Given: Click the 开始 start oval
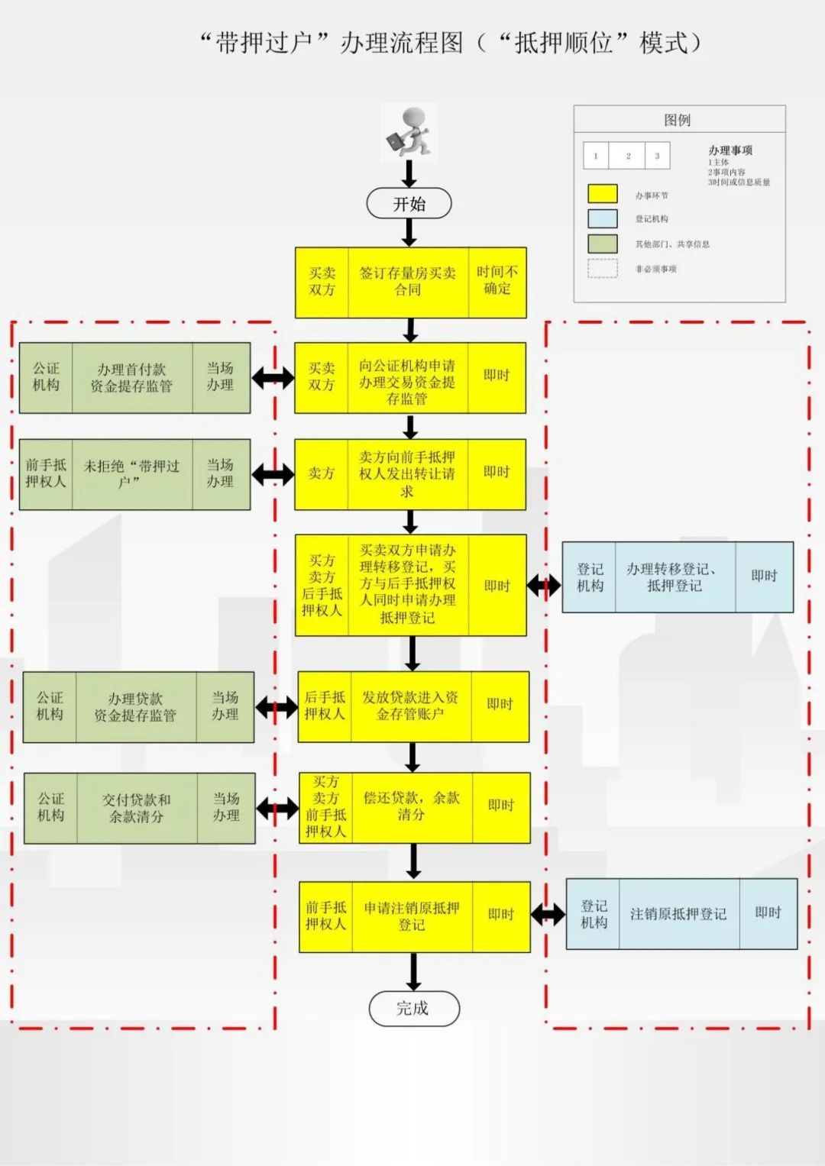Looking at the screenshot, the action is point(409,203).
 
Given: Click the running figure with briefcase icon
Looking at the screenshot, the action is point(408,131).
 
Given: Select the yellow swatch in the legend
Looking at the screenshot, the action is point(603,194).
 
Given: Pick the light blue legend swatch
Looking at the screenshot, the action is point(603,218).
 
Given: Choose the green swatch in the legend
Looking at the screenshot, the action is point(603,244).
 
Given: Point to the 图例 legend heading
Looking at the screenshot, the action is point(677,120).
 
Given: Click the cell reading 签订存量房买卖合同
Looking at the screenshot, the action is point(408,282).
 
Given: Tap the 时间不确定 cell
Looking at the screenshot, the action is point(497,282).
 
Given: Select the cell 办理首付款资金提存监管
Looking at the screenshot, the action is point(132,378).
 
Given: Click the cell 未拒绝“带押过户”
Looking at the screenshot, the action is point(132,474).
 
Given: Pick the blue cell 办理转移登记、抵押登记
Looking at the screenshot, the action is point(675,577).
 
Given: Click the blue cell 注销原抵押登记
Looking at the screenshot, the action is point(679,914).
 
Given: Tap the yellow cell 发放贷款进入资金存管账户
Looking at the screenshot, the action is point(411,706).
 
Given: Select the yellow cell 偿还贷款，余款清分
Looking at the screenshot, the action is point(412,808).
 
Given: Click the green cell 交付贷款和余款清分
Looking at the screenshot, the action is point(137,808).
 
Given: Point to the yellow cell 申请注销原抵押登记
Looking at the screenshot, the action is point(412,916).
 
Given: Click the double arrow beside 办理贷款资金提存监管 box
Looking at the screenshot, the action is point(276,707).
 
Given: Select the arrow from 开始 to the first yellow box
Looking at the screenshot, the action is point(409,233).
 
